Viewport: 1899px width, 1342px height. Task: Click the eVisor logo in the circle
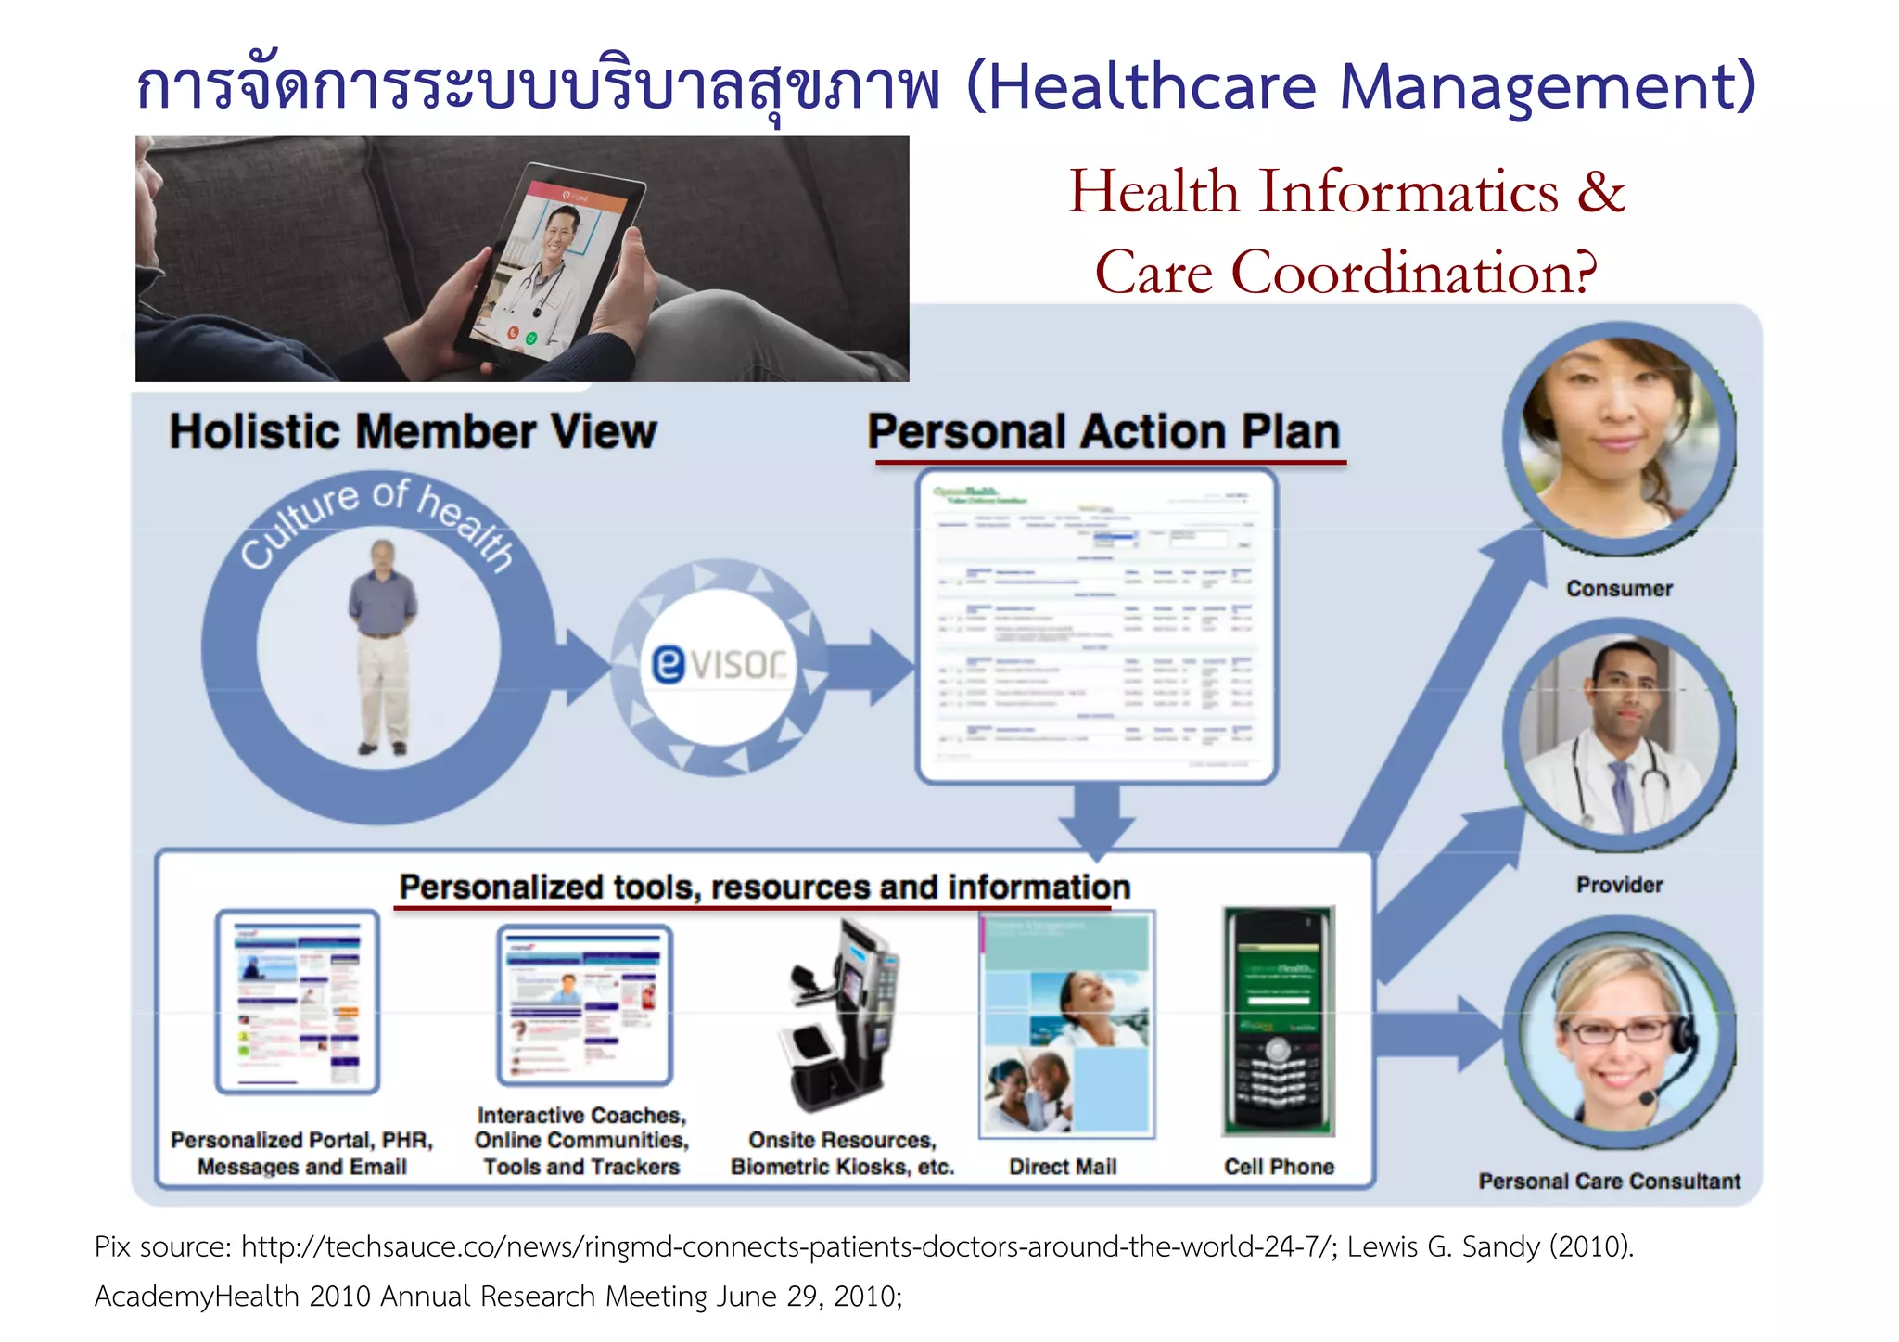click(719, 664)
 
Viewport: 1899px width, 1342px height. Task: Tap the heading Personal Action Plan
click(1103, 432)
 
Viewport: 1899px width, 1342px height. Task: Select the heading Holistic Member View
click(413, 432)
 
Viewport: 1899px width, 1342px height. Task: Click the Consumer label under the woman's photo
click(1619, 589)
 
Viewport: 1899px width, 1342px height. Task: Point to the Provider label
click(1619, 885)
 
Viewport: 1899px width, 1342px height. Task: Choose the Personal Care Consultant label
click(1609, 1181)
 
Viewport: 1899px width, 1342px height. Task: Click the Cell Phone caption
click(1279, 1167)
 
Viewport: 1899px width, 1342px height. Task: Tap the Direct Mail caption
click(1063, 1167)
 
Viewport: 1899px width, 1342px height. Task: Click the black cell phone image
click(1279, 1020)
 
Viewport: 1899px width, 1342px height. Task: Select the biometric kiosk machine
click(844, 1016)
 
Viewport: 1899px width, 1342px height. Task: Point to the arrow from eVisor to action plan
click(870, 666)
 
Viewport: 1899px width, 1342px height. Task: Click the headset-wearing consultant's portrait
click(1619, 1034)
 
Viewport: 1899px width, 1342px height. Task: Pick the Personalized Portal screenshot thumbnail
click(298, 1002)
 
